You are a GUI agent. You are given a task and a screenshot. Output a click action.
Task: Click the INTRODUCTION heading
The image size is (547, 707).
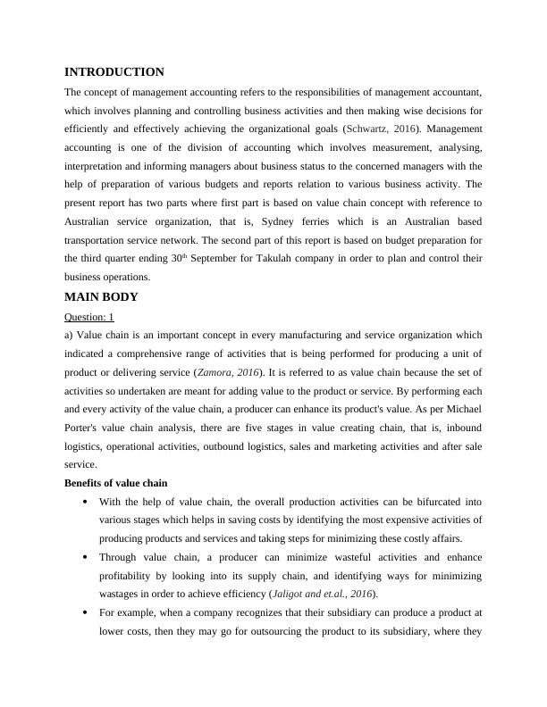(114, 72)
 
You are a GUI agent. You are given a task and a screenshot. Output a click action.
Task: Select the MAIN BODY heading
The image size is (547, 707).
(101, 297)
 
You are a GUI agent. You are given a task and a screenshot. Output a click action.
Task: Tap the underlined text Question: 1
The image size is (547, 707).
(89, 317)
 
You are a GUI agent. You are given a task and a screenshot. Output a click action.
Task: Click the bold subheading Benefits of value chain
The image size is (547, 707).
(116, 483)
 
